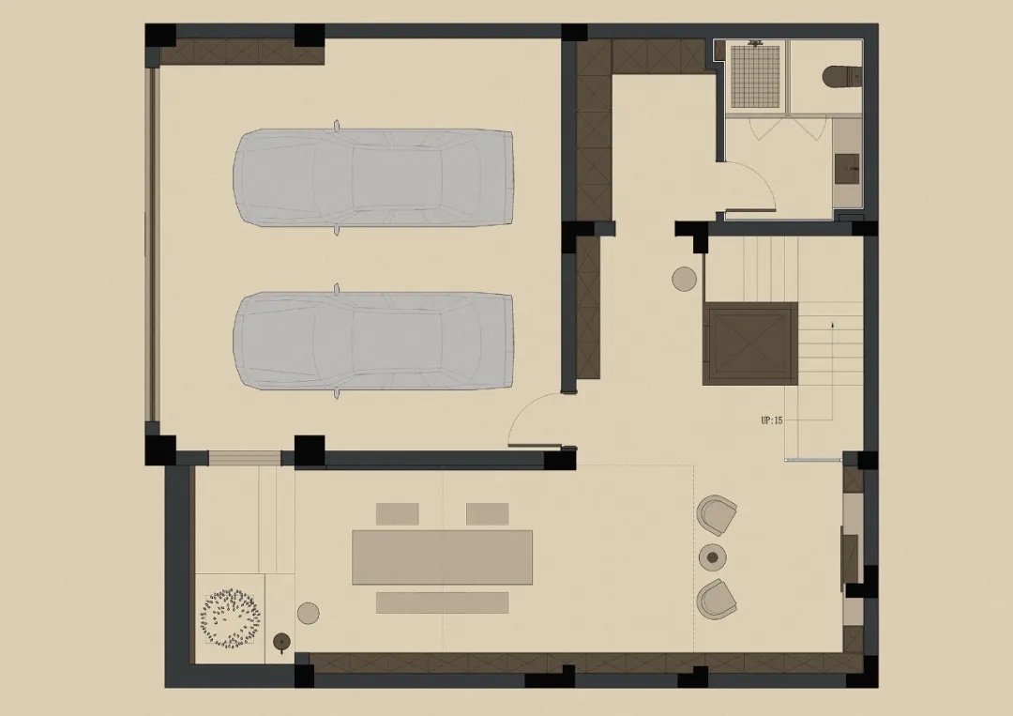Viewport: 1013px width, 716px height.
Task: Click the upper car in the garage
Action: [x=372, y=177]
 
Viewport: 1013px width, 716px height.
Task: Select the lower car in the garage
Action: [x=372, y=341]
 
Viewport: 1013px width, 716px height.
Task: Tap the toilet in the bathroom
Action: [x=842, y=76]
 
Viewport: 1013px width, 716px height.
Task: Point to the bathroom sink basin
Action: [x=847, y=169]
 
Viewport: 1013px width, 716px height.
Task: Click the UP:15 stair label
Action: [x=771, y=420]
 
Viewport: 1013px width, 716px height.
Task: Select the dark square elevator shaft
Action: [x=750, y=343]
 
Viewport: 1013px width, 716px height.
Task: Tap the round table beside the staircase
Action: [x=684, y=279]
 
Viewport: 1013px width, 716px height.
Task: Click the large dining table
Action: [x=443, y=557]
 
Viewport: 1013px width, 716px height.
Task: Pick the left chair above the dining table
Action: [x=398, y=513]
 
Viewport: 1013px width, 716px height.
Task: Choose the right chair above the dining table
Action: [x=487, y=513]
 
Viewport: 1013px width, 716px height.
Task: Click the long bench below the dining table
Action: [x=443, y=602]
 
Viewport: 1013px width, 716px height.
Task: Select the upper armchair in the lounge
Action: [x=717, y=515]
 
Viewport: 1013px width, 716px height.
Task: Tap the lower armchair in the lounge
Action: [x=717, y=599]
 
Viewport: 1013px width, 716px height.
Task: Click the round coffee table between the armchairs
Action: [x=713, y=557]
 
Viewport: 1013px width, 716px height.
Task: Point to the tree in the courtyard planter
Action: [x=231, y=617]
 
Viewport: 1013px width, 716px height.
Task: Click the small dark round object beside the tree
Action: [x=282, y=641]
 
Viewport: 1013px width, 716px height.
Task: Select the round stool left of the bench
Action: [x=309, y=614]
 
